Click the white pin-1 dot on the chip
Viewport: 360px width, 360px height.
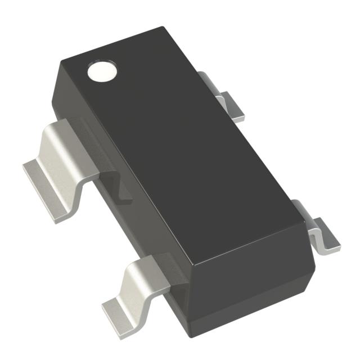(102, 71)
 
